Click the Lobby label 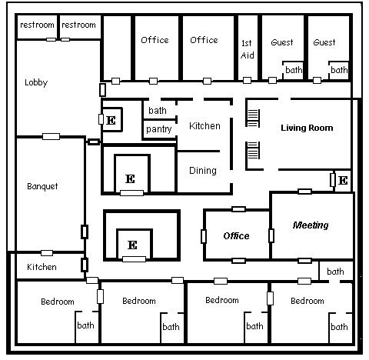36,82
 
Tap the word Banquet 42,186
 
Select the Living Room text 307,128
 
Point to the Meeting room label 311,225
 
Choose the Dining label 203,171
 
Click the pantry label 158,129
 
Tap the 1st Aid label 248,49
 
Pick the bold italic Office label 236,236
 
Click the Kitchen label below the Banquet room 42,267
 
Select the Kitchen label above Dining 204,126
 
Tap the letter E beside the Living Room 343,181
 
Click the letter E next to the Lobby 111,120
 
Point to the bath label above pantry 158,111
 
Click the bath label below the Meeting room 335,272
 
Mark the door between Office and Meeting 271,235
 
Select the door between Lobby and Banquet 51,136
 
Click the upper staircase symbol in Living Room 253,118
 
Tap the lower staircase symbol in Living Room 253,150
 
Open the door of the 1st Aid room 247,81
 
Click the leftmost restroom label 37,25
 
